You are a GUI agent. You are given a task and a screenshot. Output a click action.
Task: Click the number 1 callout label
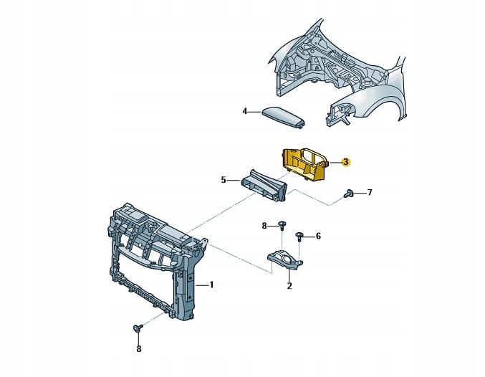(x=211, y=285)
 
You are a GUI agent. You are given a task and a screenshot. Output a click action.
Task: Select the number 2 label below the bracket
(x=289, y=286)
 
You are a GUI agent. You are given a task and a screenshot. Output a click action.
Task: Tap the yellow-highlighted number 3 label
(x=346, y=163)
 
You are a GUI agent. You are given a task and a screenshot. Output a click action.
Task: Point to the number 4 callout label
(x=244, y=111)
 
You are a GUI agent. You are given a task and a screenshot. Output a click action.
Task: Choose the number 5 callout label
(x=224, y=180)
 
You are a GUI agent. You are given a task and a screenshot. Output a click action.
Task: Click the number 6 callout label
(x=318, y=236)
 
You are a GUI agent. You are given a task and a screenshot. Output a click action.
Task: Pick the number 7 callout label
(x=370, y=193)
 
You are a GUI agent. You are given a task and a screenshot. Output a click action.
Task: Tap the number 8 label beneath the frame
(x=139, y=350)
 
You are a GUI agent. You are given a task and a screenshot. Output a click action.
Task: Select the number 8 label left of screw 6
(x=264, y=226)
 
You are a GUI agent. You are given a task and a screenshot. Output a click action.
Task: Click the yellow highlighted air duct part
(x=304, y=166)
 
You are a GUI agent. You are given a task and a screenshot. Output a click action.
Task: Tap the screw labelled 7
(x=348, y=193)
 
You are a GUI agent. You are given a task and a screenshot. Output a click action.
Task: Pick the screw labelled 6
(x=299, y=235)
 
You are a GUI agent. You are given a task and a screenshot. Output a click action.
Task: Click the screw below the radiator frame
(x=138, y=329)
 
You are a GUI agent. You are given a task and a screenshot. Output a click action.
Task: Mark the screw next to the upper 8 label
(x=282, y=226)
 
